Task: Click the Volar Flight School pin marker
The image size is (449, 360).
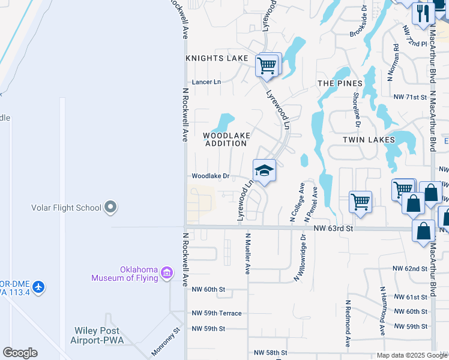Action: (110, 208)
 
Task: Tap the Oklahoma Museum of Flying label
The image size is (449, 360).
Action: (125, 273)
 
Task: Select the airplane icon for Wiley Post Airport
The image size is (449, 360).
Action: (39, 287)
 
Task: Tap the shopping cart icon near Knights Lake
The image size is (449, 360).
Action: (268, 64)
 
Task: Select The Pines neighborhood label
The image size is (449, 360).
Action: (340, 83)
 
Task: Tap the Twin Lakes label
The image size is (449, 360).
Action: (369, 139)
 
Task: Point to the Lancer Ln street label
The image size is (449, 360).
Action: (206, 82)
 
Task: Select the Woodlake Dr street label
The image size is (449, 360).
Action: (211, 176)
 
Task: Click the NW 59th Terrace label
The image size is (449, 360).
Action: (217, 313)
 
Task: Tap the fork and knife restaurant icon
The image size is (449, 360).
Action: (424, 13)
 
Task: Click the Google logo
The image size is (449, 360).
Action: (20, 353)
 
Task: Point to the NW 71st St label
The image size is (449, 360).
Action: (410, 97)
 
